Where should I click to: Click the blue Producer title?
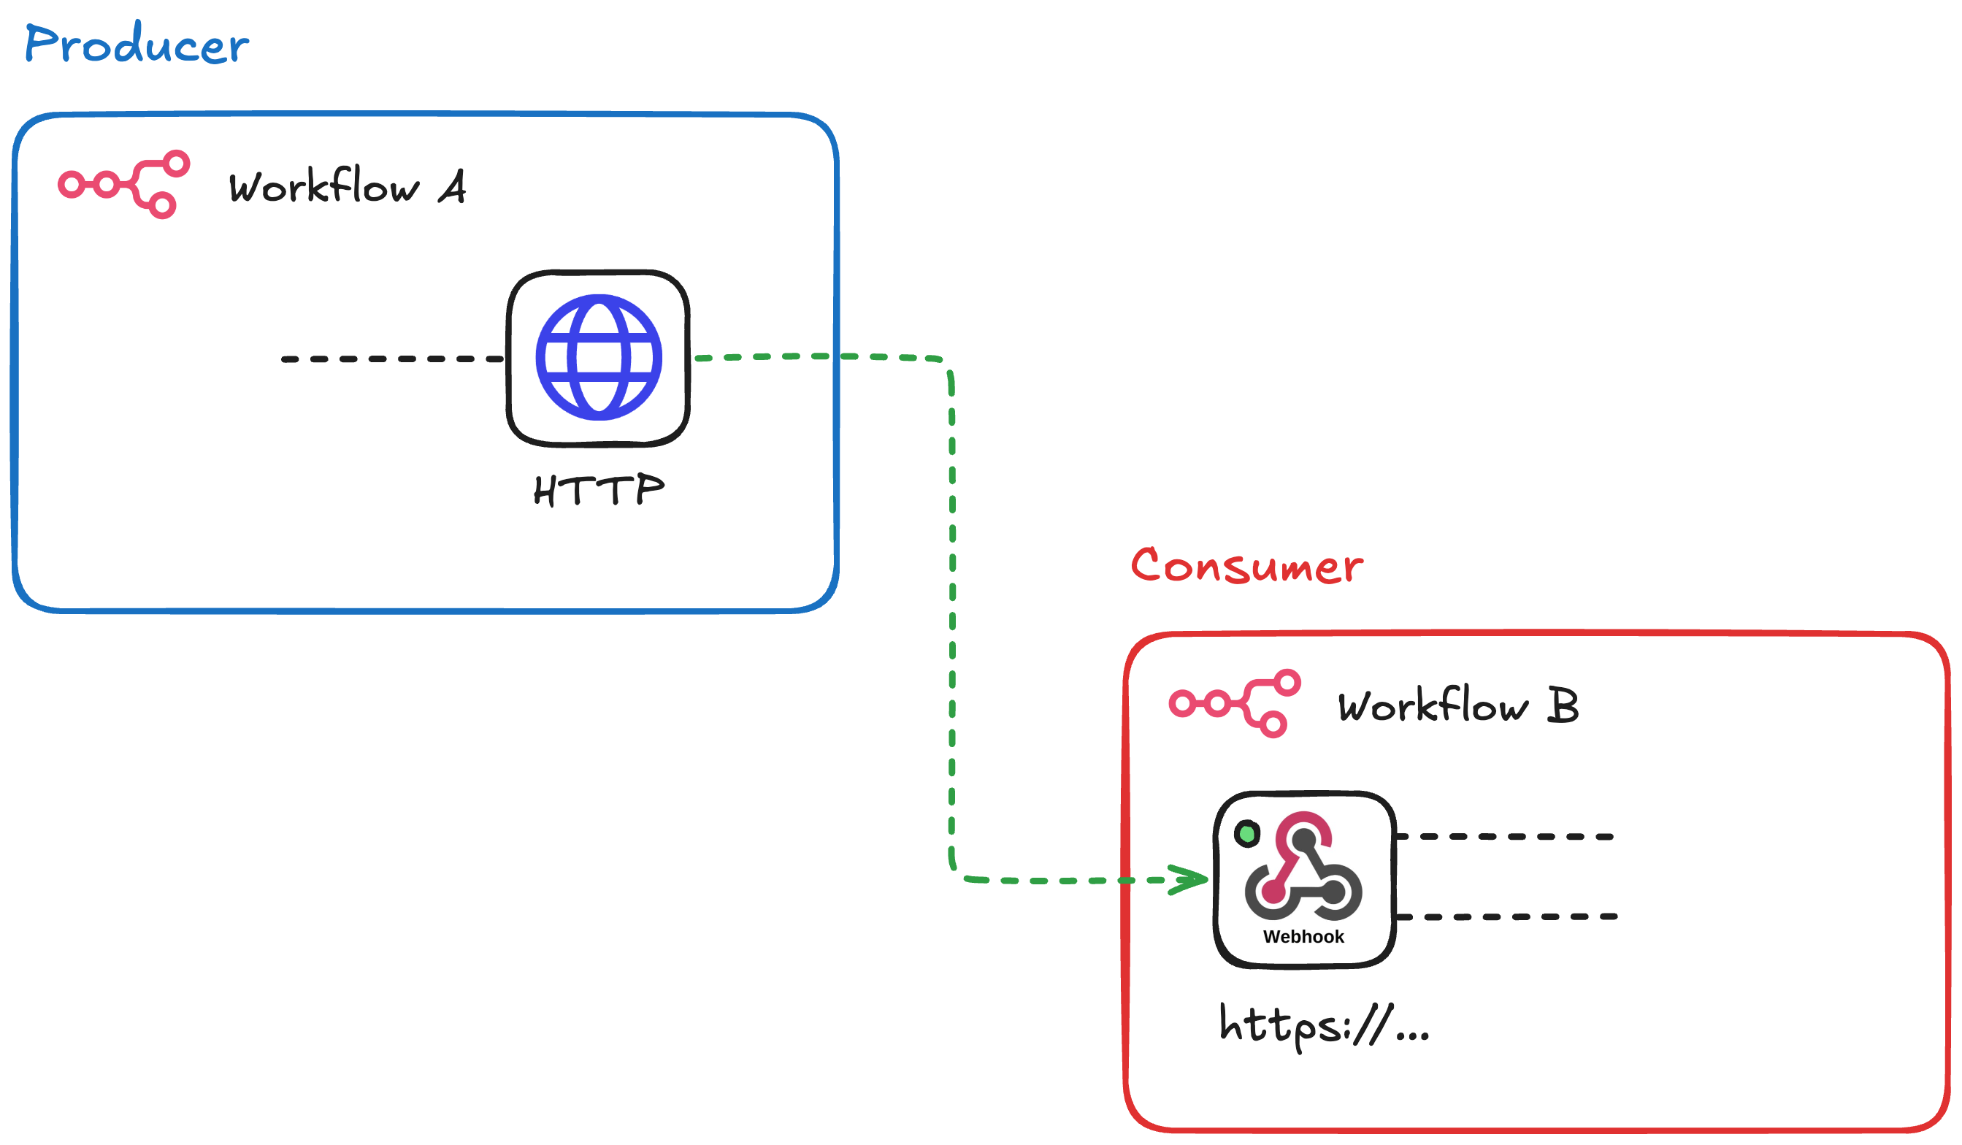(x=137, y=44)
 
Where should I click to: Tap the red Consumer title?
(x=1246, y=566)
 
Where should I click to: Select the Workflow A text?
(x=346, y=187)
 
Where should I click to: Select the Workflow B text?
(x=1457, y=706)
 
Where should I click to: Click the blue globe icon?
(x=599, y=357)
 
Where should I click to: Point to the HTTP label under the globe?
(x=599, y=489)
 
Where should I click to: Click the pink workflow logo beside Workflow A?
(x=125, y=185)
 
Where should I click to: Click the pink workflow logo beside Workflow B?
(x=1235, y=704)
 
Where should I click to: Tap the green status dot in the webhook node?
(x=1247, y=834)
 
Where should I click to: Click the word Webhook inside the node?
(x=1303, y=936)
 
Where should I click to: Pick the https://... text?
(x=1324, y=1025)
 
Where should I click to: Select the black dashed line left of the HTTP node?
(x=393, y=359)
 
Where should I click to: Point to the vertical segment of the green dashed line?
(x=952, y=623)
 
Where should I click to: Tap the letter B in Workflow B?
(x=1563, y=705)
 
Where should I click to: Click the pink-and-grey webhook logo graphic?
(x=1303, y=866)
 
